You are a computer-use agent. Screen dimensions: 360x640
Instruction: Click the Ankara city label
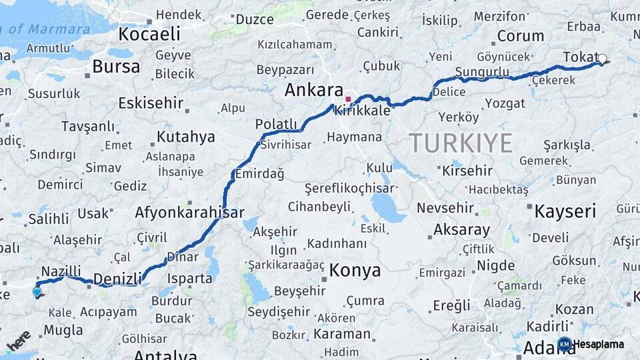coord(313,91)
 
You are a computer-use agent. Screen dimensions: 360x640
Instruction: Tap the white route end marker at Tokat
coord(603,59)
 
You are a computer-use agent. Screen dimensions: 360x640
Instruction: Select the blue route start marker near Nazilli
coord(37,291)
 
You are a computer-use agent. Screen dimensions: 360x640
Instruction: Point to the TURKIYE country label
coord(461,143)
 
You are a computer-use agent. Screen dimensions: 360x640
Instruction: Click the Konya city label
coord(355,271)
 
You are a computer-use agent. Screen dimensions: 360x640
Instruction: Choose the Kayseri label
coord(565,212)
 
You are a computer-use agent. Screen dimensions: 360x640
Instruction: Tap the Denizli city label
coord(118,279)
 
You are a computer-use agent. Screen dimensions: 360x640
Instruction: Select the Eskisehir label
coord(150,103)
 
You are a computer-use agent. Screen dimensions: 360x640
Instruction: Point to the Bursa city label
coord(116,67)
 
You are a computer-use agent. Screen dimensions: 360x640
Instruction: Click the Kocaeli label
coord(149,33)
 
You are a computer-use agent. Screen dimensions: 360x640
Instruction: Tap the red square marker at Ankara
coord(347,99)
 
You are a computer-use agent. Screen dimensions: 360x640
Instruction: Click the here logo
coord(19,341)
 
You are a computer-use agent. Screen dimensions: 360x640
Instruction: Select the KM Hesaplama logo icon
coord(564,344)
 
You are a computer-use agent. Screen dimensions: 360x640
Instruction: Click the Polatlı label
coord(276,123)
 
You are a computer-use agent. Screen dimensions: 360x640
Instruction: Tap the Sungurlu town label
coord(481,72)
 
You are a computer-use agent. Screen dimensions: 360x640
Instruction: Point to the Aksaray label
coord(461,229)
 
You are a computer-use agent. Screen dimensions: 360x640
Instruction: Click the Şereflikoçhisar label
coord(349,189)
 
